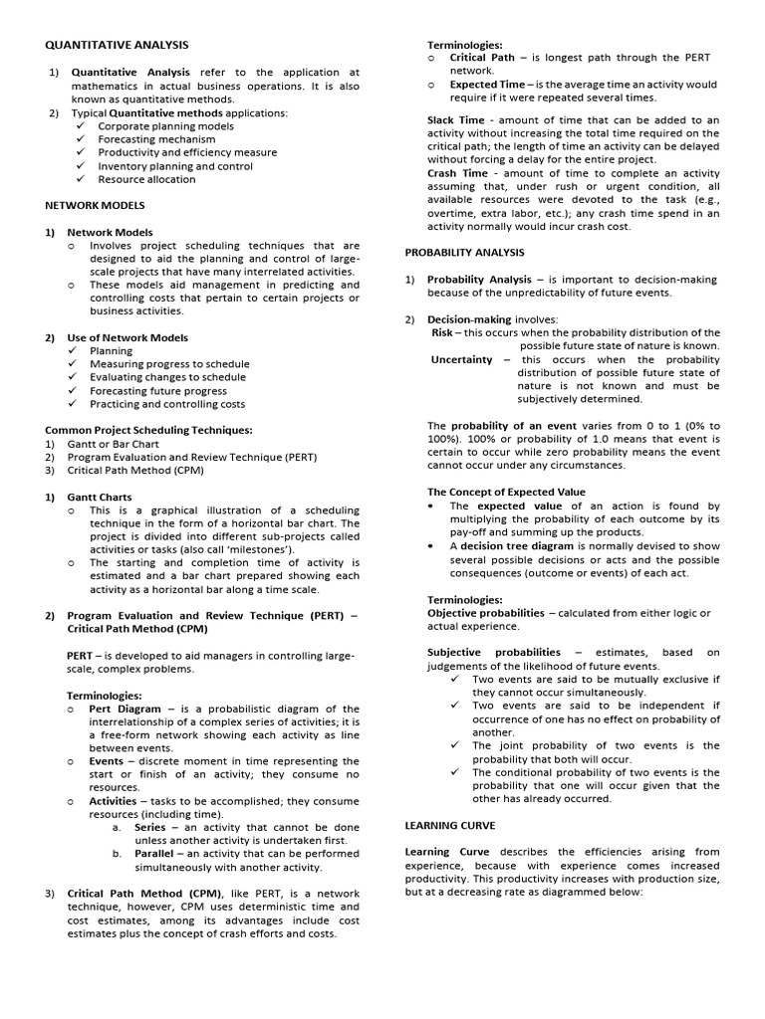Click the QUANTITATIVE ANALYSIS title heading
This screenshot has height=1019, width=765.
pyautogui.click(x=117, y=45)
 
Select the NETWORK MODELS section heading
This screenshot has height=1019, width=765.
pyautogui.click(x=95, y=205)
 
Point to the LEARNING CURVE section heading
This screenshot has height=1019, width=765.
pyautogui.click(x=449, y=825)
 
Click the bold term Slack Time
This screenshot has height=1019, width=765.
pyautogui.click(x=456, y=120)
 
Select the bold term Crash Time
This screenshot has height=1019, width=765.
pyautogui.click(x=457, y=173)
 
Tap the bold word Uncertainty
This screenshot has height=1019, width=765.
pyautogui.click(x=461, y=359)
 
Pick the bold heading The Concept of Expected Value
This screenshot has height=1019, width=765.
pyautogui.click(x=506, y=492)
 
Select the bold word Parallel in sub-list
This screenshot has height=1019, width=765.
pyautogui.click(x=156, y=854)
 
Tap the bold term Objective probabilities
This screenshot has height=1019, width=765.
pyautogui.click(x=486, y=613)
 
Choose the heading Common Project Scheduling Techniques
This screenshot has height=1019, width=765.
pyautogui.click(x=148, y=430)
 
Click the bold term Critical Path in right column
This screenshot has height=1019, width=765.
pyautogui.click(x=482, y=58)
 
